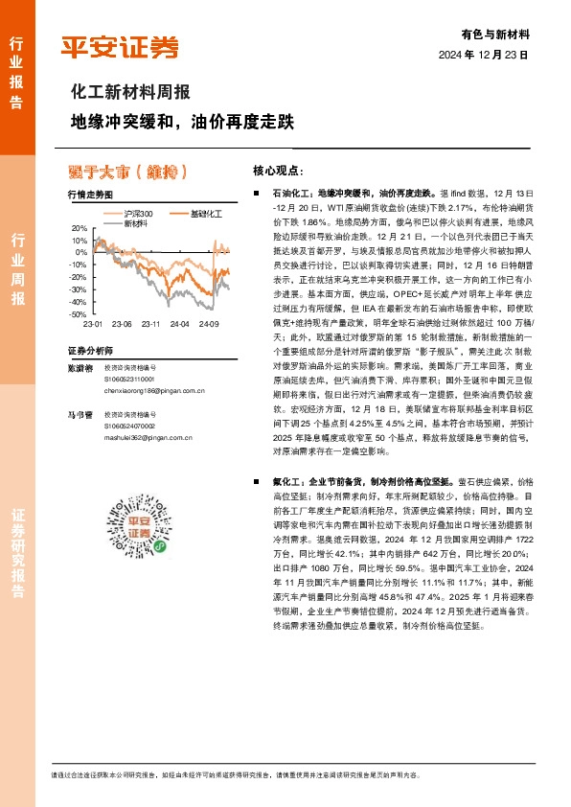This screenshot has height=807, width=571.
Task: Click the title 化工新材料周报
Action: point(130,92)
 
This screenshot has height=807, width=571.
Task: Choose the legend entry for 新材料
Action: point(134,222)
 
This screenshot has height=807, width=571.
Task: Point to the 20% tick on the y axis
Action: point(80,228)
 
